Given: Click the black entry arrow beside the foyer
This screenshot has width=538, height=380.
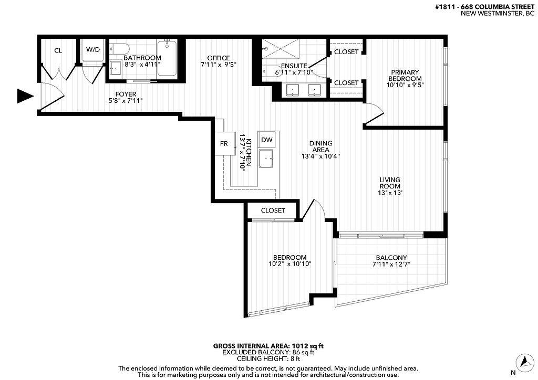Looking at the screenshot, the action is point(25,96).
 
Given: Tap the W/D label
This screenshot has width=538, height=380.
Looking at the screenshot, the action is point(93,50).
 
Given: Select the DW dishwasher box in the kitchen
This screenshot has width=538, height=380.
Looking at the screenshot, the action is point(267,140).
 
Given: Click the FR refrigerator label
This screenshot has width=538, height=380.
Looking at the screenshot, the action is point(224,144).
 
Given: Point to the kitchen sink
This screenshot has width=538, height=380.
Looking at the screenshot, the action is point(266,159).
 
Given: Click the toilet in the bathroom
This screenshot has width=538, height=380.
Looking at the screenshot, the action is point(120,48).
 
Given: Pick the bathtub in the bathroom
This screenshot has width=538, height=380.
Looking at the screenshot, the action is point(167,58).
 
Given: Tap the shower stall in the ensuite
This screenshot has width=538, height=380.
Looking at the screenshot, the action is point(281,50).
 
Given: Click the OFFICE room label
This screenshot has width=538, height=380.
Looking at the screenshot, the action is point(219,58).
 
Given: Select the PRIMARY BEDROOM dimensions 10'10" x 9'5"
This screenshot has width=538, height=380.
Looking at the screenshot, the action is point(405,85).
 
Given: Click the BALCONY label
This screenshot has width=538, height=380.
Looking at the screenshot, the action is point(391,258).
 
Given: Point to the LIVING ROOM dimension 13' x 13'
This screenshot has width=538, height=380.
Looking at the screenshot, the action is point(390,193).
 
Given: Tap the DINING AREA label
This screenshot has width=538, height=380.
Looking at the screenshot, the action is point(321,146).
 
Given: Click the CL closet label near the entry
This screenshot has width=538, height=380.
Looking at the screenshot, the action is point(58,51).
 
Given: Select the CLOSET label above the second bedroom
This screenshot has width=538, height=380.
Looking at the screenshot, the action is point(273,210).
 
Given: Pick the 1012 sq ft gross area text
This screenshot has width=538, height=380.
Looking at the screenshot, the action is point(307,346).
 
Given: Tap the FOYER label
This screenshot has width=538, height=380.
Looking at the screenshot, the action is point(126,94).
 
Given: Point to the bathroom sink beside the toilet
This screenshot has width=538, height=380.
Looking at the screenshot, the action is point(116,68).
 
